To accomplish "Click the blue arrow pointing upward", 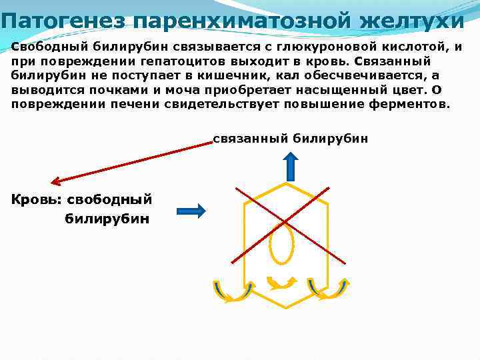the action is pyautogui.click(x=290, y=163).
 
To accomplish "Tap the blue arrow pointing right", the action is pyautogui.click(x=191, y=211).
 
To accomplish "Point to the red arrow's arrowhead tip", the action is pyautogui.click(x=53, y=181).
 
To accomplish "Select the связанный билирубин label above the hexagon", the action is pyautogui.click(x=290, y=139).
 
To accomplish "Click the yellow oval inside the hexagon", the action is pyautogui.click(x=281, y=244).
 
